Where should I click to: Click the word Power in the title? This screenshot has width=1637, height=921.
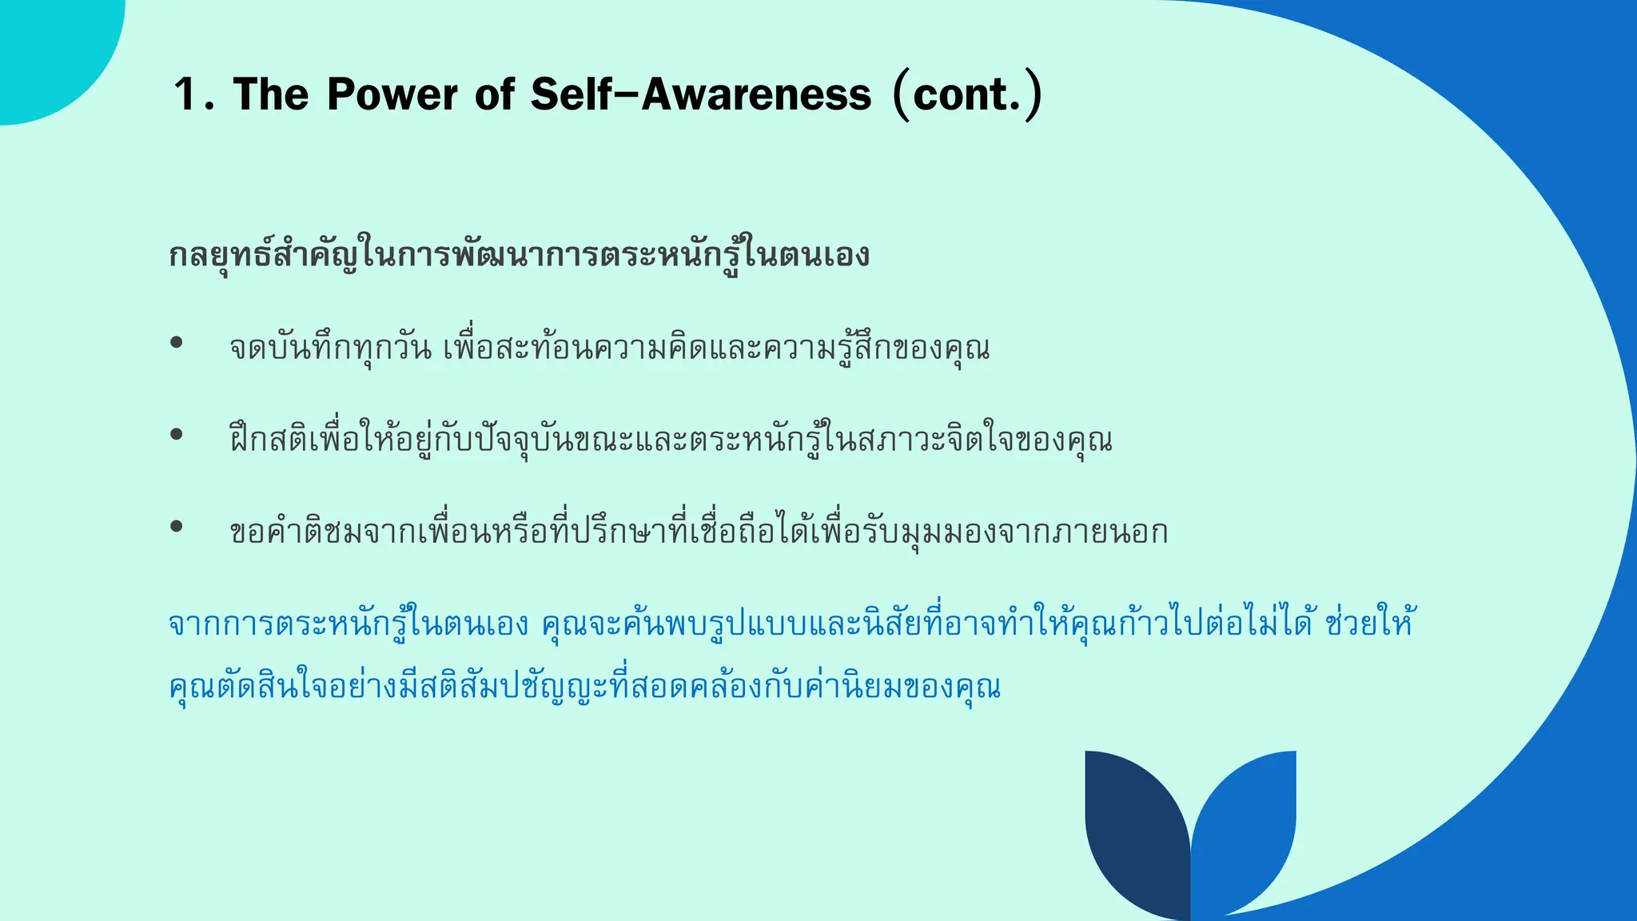392,94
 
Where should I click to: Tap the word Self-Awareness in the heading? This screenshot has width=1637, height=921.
700,94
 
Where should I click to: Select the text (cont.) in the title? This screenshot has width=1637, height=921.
967,94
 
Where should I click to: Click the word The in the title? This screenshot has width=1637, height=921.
270,94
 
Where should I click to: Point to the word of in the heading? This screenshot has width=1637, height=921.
494,94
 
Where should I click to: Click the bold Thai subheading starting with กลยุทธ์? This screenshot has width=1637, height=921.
520,256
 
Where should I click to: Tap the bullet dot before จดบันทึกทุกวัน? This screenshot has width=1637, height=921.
177,343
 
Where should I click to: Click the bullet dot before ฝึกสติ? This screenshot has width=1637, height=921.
177,435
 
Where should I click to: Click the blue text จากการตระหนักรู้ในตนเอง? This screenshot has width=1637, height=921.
349,624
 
